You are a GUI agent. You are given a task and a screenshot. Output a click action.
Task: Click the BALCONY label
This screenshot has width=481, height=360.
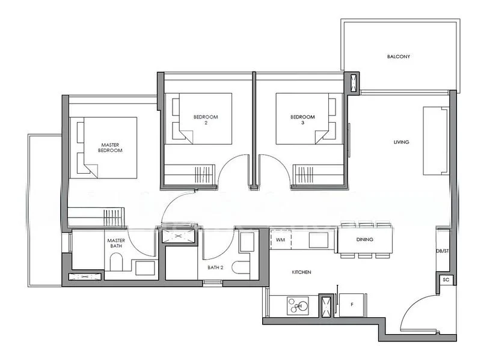pyautogui.click(x=399, y=57)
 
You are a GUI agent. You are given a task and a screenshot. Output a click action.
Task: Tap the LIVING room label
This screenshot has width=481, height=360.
pyautogui.click(x=401, y=142)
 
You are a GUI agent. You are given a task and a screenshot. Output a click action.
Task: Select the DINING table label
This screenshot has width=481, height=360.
pyautogui.click(x=364, y=240)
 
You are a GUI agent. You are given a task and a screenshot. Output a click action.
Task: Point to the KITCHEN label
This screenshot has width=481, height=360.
pyautogui.click(x=301, y=272)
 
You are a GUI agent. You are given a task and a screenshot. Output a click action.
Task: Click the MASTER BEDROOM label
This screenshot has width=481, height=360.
pyautogui.click(x=111, y=148)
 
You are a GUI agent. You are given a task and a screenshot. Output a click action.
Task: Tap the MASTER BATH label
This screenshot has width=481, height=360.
pyautogui.click(x=116, y=243)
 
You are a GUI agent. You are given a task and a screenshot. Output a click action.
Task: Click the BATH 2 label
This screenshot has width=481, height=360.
pyautogui.click(x=215, y=267)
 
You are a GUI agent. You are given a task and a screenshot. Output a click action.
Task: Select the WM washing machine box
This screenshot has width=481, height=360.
pyautogui.click(x=280, y=240)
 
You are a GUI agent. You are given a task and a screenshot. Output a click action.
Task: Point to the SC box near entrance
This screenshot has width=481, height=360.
pyautogui.click(x=446, y=280)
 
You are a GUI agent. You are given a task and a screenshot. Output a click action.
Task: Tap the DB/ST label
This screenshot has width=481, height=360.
pyautogui.click(x=443, y=251)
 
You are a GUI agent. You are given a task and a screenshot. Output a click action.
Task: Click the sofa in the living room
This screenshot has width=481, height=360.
pyautogui.click(x=435, y=142)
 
